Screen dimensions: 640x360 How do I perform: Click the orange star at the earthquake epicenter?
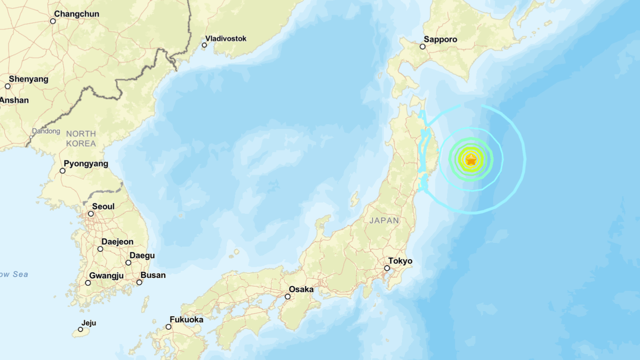coord(471,159)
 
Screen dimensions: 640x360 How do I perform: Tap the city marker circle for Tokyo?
coord(387,268)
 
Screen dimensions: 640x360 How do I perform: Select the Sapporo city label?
coord(441,39)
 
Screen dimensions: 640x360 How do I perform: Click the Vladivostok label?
coord(226,38)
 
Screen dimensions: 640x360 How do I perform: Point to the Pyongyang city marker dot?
coord(62,171)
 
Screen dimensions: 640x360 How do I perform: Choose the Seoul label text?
coord(103,206)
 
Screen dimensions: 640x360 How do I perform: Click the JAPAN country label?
coord(383,220)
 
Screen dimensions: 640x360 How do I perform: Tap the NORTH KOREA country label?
coord(81,139)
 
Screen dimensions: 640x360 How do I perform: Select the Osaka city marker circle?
coord(287,297)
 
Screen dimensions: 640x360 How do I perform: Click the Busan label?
coord(153,275)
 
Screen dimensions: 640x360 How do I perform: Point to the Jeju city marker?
coord(81,330)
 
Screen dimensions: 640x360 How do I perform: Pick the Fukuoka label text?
coord(187,319)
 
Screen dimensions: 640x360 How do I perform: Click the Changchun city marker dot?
coord(53,21)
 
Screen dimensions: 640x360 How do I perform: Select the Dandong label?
coord(46,131)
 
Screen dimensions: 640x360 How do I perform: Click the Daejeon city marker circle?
coord(100,249)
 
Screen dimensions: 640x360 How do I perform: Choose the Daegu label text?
coord(142,255)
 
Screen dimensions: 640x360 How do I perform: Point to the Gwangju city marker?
coord(88,283)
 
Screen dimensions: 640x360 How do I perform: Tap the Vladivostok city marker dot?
coord(204,45)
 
